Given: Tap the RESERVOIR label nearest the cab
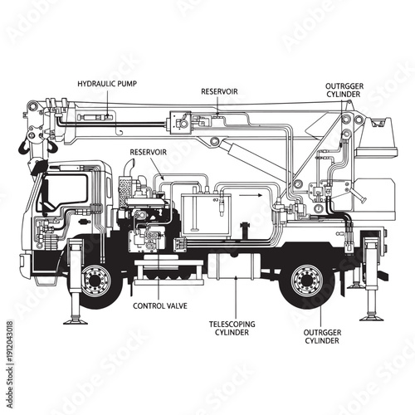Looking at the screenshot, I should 149,153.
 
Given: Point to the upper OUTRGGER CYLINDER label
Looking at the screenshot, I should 344,90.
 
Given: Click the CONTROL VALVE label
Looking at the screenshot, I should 161,305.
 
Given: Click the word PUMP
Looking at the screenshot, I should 124,84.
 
